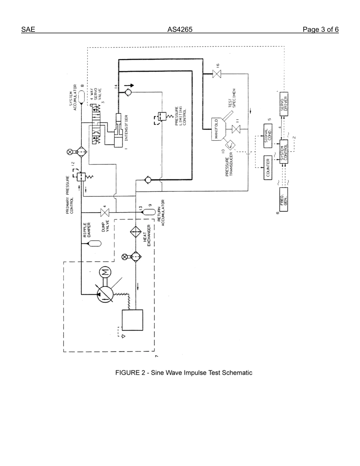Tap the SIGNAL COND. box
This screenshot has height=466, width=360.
[268, 135]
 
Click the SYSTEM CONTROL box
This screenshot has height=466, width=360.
[284, 152]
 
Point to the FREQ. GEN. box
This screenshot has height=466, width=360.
[284, 199]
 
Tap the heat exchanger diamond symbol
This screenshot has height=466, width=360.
[136, 231]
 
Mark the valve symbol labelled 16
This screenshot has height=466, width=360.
[217, 74]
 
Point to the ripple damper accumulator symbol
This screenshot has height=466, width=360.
[94, 244]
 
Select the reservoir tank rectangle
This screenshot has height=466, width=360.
[132, 320]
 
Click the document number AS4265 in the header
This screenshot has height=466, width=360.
[180, 30]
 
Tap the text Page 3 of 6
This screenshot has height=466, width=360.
[321, 30]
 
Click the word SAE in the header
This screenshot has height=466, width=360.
[28, 30]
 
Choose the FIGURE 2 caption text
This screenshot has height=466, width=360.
[184, 373]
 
